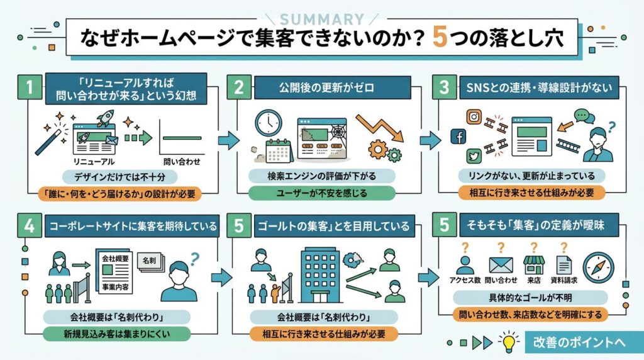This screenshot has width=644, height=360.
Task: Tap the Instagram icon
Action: click(474, 117)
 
